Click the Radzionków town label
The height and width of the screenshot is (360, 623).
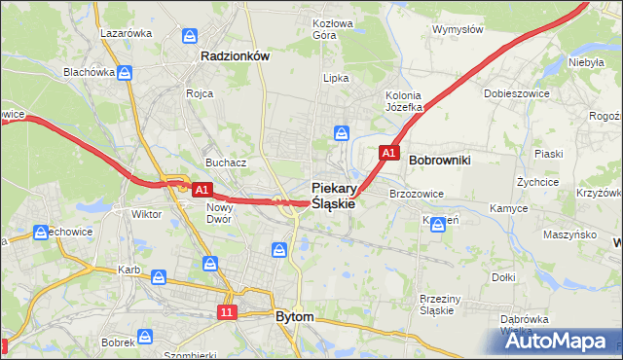[x=234, y=56]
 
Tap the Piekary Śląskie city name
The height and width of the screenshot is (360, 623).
[x=332, y=196]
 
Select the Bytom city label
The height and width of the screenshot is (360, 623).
[x=294, y=317]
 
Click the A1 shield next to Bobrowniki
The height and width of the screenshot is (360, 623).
[x=388, y=153]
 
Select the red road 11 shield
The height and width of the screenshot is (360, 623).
[x=227, y=312]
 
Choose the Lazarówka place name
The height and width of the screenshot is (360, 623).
[x=127, y=32]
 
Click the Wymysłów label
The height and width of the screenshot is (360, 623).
[x=458, y=29]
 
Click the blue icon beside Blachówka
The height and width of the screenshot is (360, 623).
[x=124, y=73]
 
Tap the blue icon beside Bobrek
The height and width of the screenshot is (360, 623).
[x=145, y=337]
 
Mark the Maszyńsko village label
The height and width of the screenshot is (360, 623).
[x=569, y=234]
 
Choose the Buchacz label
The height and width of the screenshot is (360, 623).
[x=224, y=162]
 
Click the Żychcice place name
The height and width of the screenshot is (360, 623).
[x=537, y=182]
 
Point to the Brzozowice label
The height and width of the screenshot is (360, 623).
[x=417, y=194]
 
